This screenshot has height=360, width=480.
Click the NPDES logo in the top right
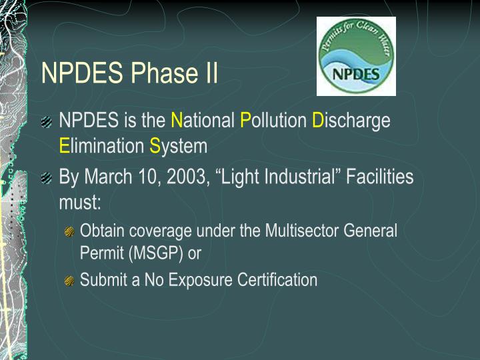click(356, 56)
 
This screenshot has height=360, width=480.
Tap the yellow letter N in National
click(177, 121)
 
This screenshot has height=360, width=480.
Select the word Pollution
click(273, 121)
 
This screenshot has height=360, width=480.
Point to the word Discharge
click(351, 121)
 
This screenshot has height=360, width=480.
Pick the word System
click(178, 145)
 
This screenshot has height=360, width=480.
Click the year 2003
click(186, 177)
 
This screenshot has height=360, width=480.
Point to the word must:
click(79, 201)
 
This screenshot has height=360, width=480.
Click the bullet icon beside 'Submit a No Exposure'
click(69, 281)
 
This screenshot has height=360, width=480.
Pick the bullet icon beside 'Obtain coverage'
click(69, 232)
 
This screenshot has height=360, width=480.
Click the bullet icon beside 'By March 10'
click(46, 178)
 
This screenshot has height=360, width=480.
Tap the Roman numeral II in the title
click(210, 73)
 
